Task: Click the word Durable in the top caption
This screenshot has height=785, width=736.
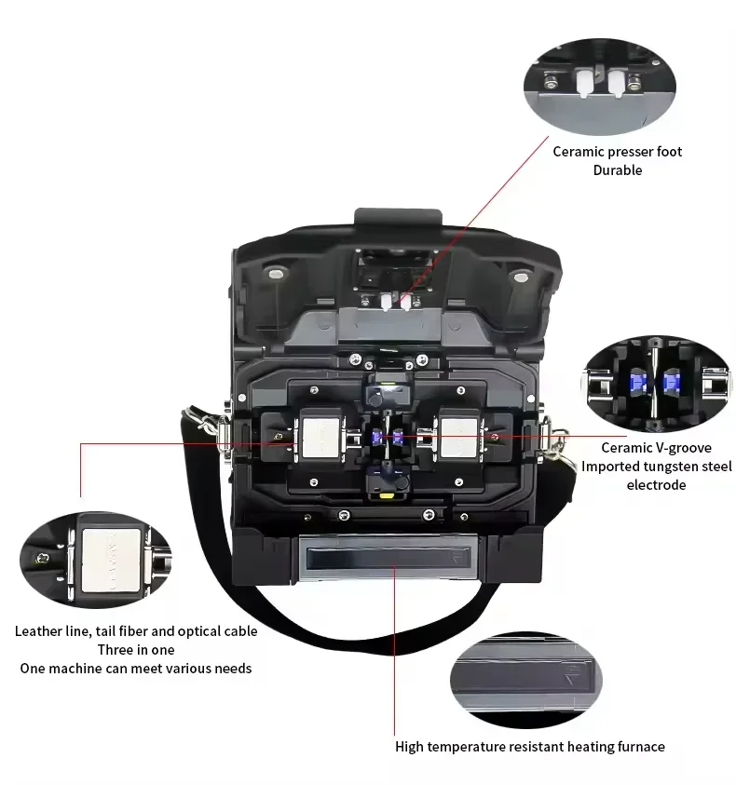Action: click(617, 170)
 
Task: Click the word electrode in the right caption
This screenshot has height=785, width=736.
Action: click(656, 485)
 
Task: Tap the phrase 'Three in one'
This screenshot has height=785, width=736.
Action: click(136, 650)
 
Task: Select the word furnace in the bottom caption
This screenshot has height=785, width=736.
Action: click(640, 747)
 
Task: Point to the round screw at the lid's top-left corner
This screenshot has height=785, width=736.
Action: click(276, 274)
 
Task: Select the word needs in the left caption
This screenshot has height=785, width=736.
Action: click(233, 669)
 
